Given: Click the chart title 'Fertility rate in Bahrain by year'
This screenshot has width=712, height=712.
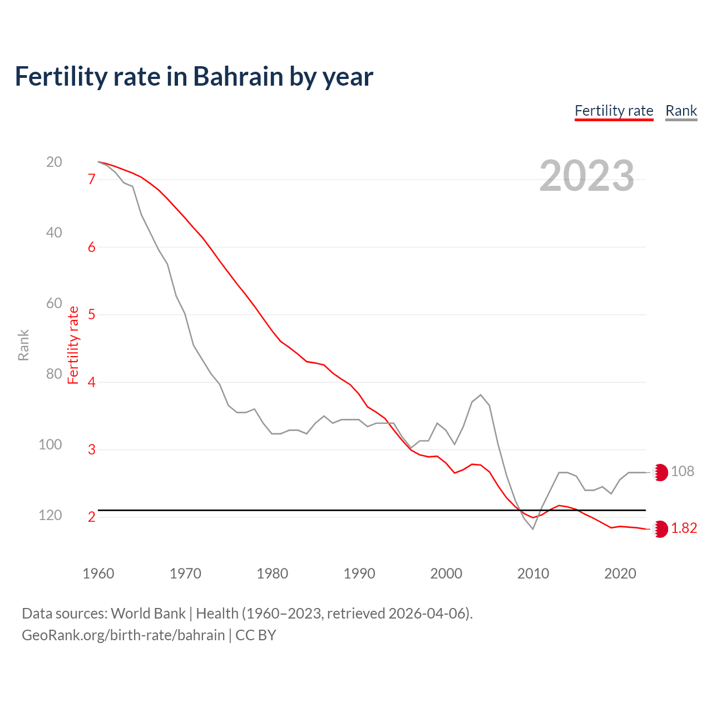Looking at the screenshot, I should click(x=194, y=77).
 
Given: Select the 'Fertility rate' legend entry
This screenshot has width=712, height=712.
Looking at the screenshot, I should click(x=614, y=111).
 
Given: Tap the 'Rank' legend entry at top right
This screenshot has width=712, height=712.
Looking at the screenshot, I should click(x=681, y=111).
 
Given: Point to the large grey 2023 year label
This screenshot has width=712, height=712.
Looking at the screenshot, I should click(x=586, y=176).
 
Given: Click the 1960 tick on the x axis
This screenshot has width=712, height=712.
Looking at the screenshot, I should click(x=98, y=573).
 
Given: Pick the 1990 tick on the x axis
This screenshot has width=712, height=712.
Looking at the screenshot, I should click(x=359, y=573).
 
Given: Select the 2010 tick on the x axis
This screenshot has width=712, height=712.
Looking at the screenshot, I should click(x=533, y=573).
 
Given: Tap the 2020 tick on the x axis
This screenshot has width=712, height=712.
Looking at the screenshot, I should click(x=620, y=573).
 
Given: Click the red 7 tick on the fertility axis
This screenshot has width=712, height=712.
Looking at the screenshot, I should click(x=92, y=179).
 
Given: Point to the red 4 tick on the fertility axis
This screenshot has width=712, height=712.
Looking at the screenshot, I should click(x=92, y=382).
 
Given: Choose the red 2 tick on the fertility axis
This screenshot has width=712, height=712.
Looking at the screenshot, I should click(x=92, y=517).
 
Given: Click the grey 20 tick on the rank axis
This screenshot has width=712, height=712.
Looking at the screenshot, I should click(x=54, y=162).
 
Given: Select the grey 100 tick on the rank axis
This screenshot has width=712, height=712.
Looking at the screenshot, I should click(x=51, y=444).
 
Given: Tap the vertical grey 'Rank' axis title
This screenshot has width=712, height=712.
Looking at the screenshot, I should click(x=23, y=345).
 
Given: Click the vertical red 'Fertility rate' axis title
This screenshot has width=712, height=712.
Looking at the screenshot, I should click(x=73, y=345).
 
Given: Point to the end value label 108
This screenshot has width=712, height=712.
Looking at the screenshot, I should click(x=683, y=472).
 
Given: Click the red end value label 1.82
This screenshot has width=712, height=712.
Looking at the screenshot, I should click(x=684, y=528).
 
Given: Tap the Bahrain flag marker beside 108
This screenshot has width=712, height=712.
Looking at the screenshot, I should click(x=660, y=472).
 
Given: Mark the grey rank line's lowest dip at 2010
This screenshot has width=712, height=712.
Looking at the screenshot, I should click(x=533, y=529).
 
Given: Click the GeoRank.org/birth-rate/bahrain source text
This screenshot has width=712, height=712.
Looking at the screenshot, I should click(x=123, y=635).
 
